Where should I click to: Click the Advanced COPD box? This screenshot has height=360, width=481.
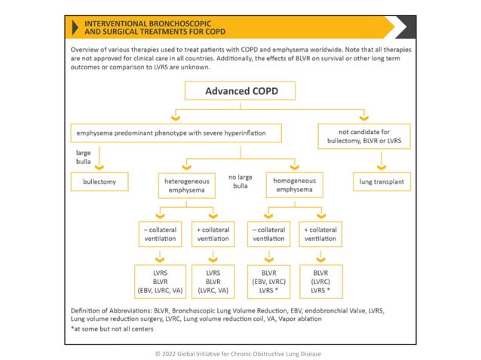tap(240, 91)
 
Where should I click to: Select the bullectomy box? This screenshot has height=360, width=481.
tap(100, 182)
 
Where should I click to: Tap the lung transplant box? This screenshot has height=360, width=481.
tap(381, 182)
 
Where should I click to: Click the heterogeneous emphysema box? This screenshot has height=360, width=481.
tap(187, 185)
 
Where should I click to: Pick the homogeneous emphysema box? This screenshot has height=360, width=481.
tap(293, 185)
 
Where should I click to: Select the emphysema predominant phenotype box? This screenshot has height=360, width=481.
tap(176, 133)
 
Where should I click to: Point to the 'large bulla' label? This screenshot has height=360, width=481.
tap(84, 157)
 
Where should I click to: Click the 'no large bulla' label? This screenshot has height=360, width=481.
tap(240, 182)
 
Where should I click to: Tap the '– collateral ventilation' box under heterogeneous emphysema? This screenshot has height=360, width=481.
tap(160, 233)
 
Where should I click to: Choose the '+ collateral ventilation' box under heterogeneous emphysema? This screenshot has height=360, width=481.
tap(213, 233)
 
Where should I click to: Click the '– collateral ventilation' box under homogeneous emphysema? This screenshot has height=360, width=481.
tap(268, 233)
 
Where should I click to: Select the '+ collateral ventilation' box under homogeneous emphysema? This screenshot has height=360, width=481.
tap(320, 233)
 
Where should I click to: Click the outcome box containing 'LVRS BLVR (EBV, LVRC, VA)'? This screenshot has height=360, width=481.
tap(160, 281)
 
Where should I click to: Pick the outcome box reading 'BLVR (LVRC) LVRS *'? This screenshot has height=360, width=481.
tap(320, 281)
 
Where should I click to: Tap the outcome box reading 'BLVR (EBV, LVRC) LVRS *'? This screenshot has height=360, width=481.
tap(268, 281)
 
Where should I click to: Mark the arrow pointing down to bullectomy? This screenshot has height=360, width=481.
tap(100, 166)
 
